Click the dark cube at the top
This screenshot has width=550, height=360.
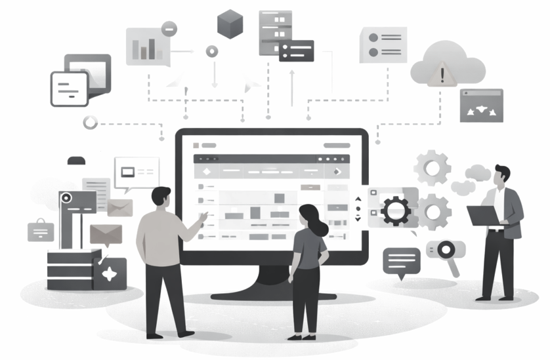[x=230, y=24]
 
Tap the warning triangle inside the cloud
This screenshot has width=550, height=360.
[x=443, y=73]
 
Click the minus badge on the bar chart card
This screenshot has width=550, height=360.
[x=169, y=28]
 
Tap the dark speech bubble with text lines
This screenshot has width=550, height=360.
[x=401, y=260]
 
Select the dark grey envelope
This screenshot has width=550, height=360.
[x=106, y=233]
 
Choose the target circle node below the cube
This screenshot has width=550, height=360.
[x=211, y=51]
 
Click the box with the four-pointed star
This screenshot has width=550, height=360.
[x=110, y=273]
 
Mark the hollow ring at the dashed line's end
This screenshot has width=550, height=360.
[x=90, y=123]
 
